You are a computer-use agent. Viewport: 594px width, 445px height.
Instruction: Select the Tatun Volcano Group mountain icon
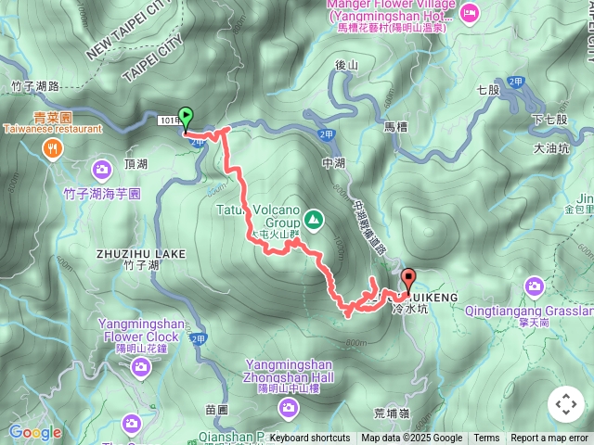point(315,221)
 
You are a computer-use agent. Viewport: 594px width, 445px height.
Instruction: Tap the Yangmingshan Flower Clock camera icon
point(140,368)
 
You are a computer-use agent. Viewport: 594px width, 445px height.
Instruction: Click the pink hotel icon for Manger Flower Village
point(471,12)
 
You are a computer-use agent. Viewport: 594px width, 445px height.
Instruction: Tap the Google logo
point(34,432)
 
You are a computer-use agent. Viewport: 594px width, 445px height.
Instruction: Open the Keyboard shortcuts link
point(310,439)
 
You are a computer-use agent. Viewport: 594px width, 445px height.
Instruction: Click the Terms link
point(486,439)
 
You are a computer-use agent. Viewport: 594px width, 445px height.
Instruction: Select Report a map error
point(549,439)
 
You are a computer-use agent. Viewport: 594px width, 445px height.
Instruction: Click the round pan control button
point(565,404)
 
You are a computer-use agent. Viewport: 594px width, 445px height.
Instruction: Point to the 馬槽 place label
point(395,125)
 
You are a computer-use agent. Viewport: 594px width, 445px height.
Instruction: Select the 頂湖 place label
point(136,164)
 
